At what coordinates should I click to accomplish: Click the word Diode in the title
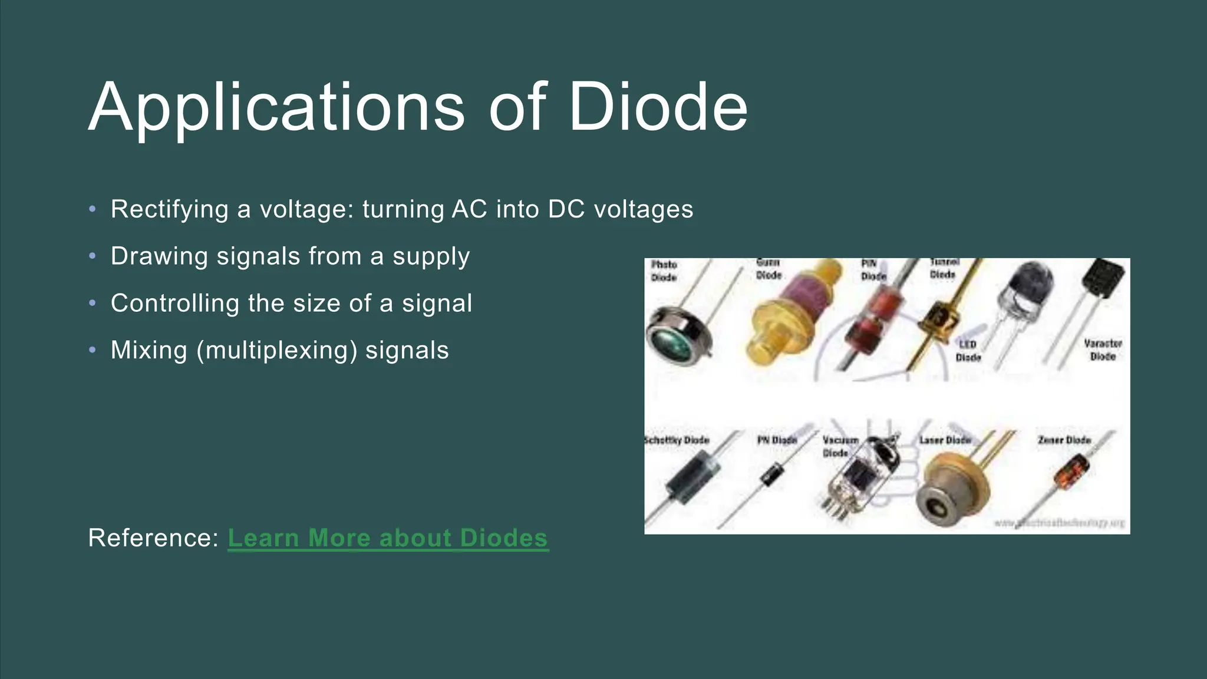[658, 107]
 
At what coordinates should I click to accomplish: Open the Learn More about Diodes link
[388, 538]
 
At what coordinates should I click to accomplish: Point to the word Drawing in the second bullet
[159, 256]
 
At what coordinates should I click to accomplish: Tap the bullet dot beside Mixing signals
[92, 350]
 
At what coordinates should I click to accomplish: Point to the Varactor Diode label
[1103, 350]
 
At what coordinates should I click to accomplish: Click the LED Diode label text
[968, 351]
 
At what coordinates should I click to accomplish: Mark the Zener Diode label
[1064, 440]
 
